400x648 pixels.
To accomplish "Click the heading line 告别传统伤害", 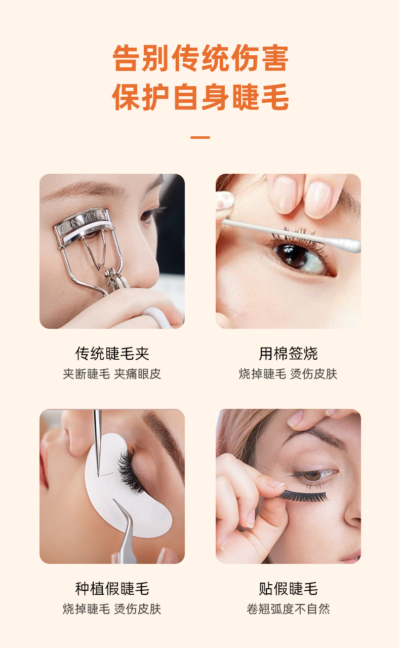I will coord(200,59).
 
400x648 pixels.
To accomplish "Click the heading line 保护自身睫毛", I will coord(200,97).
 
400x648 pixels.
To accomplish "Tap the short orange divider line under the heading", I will coord(200,137).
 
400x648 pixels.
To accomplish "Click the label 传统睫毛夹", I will coord(112,353).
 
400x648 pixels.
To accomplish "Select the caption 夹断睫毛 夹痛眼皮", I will coord(112,374).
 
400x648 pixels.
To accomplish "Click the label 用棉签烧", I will coord(288,353).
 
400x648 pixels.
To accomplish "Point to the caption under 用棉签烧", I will coord(288,374).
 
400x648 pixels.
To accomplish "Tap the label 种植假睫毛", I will coord(112,588).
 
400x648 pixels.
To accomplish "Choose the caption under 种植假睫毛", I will coord(112,608).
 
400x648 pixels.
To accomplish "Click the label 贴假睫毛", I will coord(288,588).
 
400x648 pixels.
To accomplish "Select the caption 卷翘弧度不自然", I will coord(288,608).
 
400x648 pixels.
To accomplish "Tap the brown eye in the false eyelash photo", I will coord(313,475).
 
